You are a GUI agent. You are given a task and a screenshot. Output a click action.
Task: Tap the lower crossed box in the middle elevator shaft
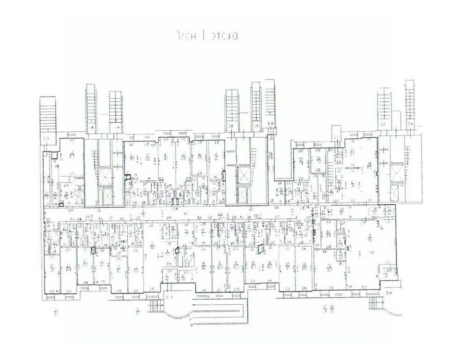click(244, 192)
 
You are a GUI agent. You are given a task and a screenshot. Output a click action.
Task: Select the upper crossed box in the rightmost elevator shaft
click(396, 171)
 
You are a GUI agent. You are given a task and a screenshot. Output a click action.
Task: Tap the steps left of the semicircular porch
click(155, 307)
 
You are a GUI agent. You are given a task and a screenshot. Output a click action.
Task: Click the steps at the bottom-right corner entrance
click(375, 303)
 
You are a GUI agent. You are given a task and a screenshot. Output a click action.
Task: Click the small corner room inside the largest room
click(388, 271)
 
